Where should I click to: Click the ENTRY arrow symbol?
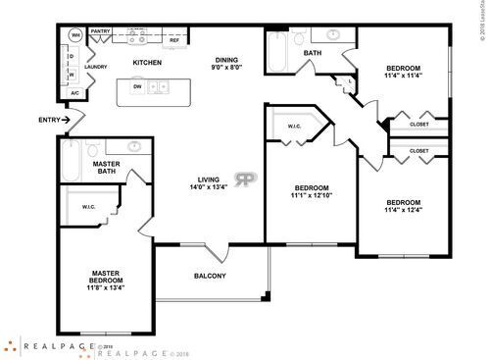coord(66,120)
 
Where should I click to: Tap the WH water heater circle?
coord(74,35)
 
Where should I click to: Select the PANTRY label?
coord(100,31)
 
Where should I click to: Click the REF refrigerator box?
coord(174,40)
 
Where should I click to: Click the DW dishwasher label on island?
coord(137,86)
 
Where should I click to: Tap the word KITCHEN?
coord(147,64)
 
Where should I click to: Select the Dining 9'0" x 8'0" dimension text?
coord(227,64)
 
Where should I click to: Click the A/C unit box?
coord(74,93)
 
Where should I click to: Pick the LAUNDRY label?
coord(95,68)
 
